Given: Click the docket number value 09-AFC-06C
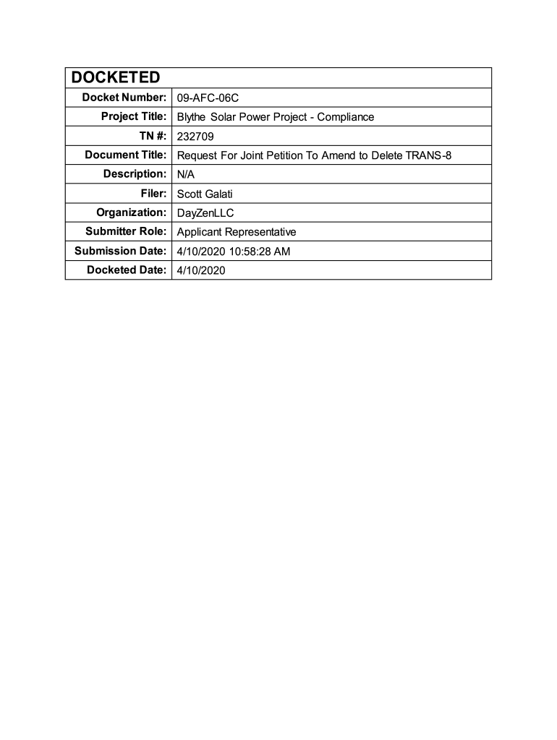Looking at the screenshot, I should pyautogui.click(x=208, y=98).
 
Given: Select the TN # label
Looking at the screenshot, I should pyautogui.click(x=149, y=136).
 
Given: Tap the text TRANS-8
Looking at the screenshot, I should pyautogui.click(x=430, y=155).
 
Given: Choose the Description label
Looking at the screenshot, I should pyautogui.click(x=135, y=174).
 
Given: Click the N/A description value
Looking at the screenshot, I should pyautogui.click(x=186, y=174).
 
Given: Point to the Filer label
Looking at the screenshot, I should pyautogui.click(x=154, y=194).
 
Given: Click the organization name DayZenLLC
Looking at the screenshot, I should pyautogui.click(x=205, y=213).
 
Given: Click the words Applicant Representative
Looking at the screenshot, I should pyautogui.click(x=237, y=232).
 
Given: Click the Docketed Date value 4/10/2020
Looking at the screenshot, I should pyautogui.click(x=202, y=270).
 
